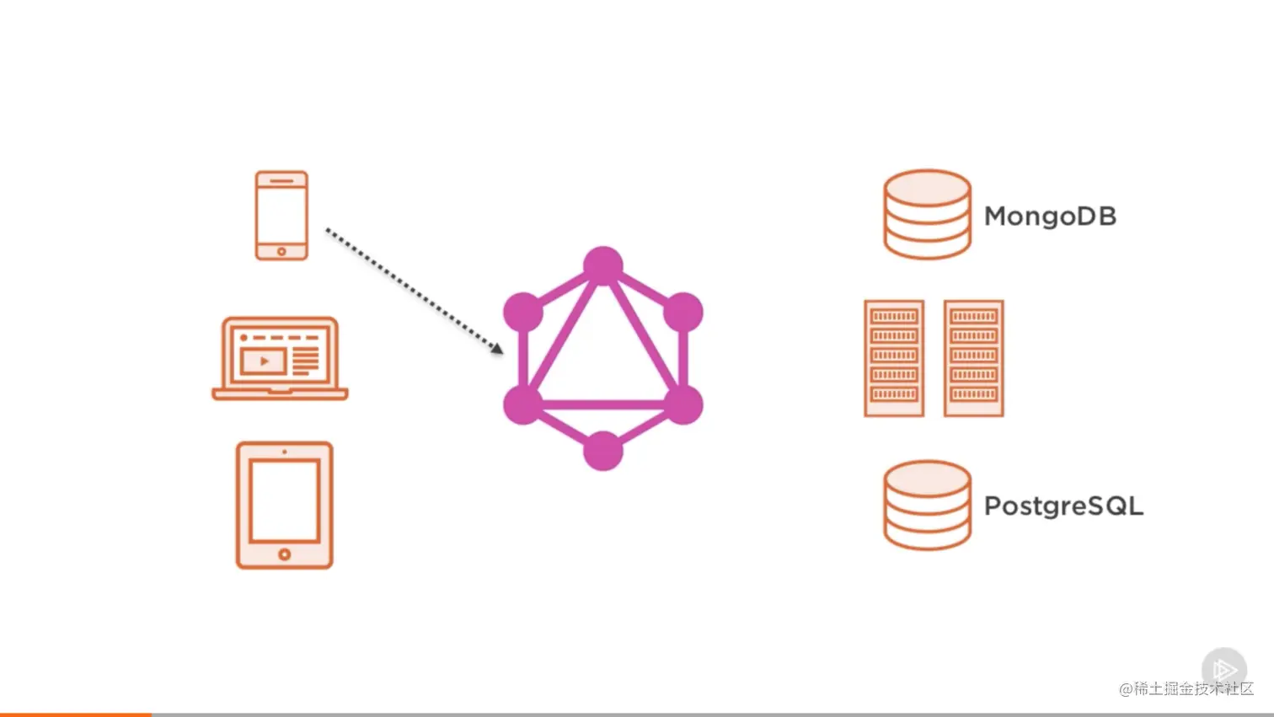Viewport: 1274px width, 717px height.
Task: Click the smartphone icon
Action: click(281, 216)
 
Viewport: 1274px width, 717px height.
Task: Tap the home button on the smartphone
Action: click(281, 251)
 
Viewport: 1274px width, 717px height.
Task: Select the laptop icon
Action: click(280, 359)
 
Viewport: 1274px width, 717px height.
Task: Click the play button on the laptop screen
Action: click(264, 361)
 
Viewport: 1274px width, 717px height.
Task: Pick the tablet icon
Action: click(285, 506)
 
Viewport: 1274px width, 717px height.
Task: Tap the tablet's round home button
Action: click(285, 554)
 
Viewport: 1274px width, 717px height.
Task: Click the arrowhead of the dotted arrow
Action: click(498, 348)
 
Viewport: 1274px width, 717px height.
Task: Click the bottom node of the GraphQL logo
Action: click(603, 451)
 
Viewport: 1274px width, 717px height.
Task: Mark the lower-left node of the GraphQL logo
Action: click(523, 404)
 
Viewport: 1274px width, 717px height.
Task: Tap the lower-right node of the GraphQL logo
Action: click(683, 404)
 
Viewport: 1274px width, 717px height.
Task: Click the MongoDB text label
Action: click(1050, 217)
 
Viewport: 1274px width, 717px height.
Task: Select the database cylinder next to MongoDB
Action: click(927, 215)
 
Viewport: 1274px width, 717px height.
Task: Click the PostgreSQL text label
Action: click(1063, 506)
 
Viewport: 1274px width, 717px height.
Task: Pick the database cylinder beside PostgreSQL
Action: click(927, 506)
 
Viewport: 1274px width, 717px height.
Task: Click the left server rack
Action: click(894, 358)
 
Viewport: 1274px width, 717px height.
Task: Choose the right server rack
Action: click(974, 358)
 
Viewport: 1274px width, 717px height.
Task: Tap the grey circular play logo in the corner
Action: click(1224, 670)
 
